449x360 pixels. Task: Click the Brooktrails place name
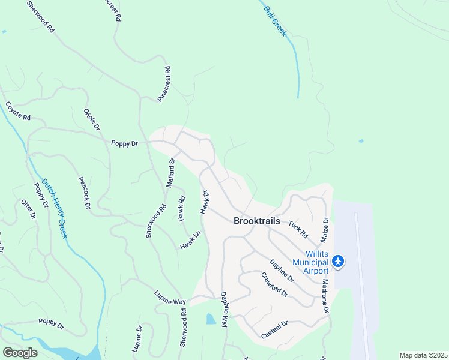tap(256, 221)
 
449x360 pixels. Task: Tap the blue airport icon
tap(339, 262)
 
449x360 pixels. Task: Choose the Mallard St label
tap(170, 172)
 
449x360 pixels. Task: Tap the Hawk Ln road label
tap(189, 242)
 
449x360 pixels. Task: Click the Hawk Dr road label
tap(205, 202)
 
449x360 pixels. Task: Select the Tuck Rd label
tap(298, 229)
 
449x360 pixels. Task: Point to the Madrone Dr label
tap(325, 296)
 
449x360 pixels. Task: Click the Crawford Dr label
tap(274, 285)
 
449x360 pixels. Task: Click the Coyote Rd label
tap(18, 111)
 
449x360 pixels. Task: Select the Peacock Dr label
tap(84, 193)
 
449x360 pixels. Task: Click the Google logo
tap(20, 352)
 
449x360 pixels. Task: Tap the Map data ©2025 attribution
tap(423, 355)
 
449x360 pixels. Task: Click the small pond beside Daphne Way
tap(211, 319)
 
